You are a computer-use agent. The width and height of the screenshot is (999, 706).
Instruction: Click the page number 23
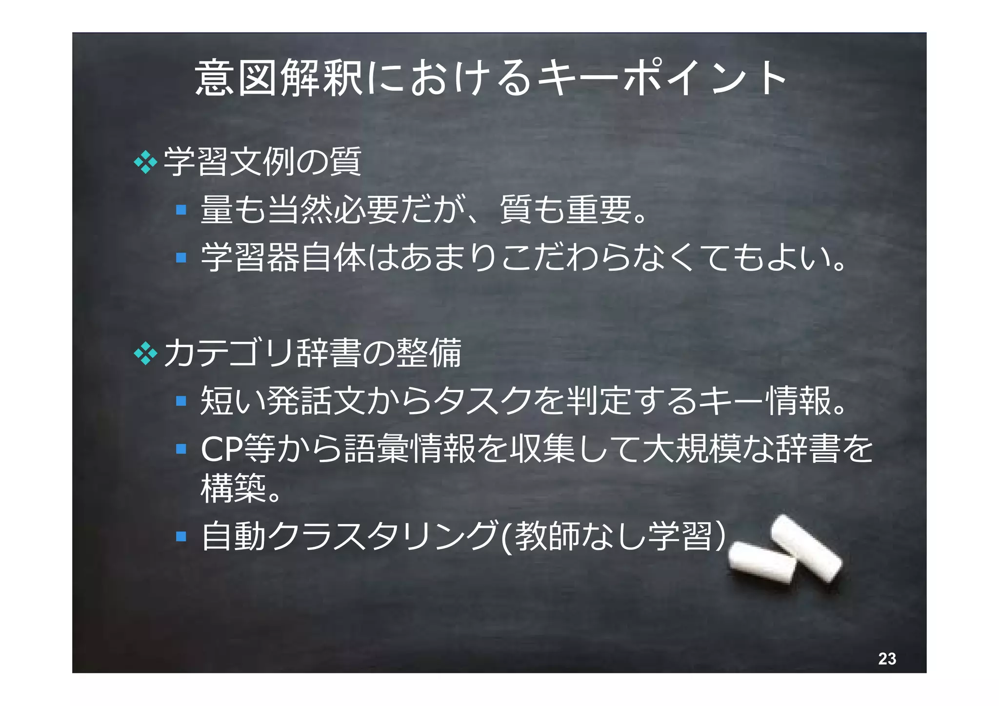point(887,659)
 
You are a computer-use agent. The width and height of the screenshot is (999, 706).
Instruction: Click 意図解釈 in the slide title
point(279,78)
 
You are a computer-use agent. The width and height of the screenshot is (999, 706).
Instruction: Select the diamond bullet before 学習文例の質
point(145,162)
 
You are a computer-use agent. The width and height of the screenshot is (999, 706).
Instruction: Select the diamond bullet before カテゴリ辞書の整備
point(145,353)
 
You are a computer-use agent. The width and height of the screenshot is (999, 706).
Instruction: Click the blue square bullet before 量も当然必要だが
point(181,210)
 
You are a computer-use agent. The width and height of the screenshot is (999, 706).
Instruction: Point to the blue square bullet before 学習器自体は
point(181,257)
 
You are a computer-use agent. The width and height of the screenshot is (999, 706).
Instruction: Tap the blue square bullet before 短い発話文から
point(181,401)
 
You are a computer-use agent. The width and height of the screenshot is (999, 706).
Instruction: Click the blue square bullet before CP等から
point(181,448)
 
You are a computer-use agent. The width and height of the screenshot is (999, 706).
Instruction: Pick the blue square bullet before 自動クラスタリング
point(181,536)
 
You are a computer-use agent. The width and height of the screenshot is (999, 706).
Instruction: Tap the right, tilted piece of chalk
point(806,548)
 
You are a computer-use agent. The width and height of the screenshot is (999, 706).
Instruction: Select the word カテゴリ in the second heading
point(229,353)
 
